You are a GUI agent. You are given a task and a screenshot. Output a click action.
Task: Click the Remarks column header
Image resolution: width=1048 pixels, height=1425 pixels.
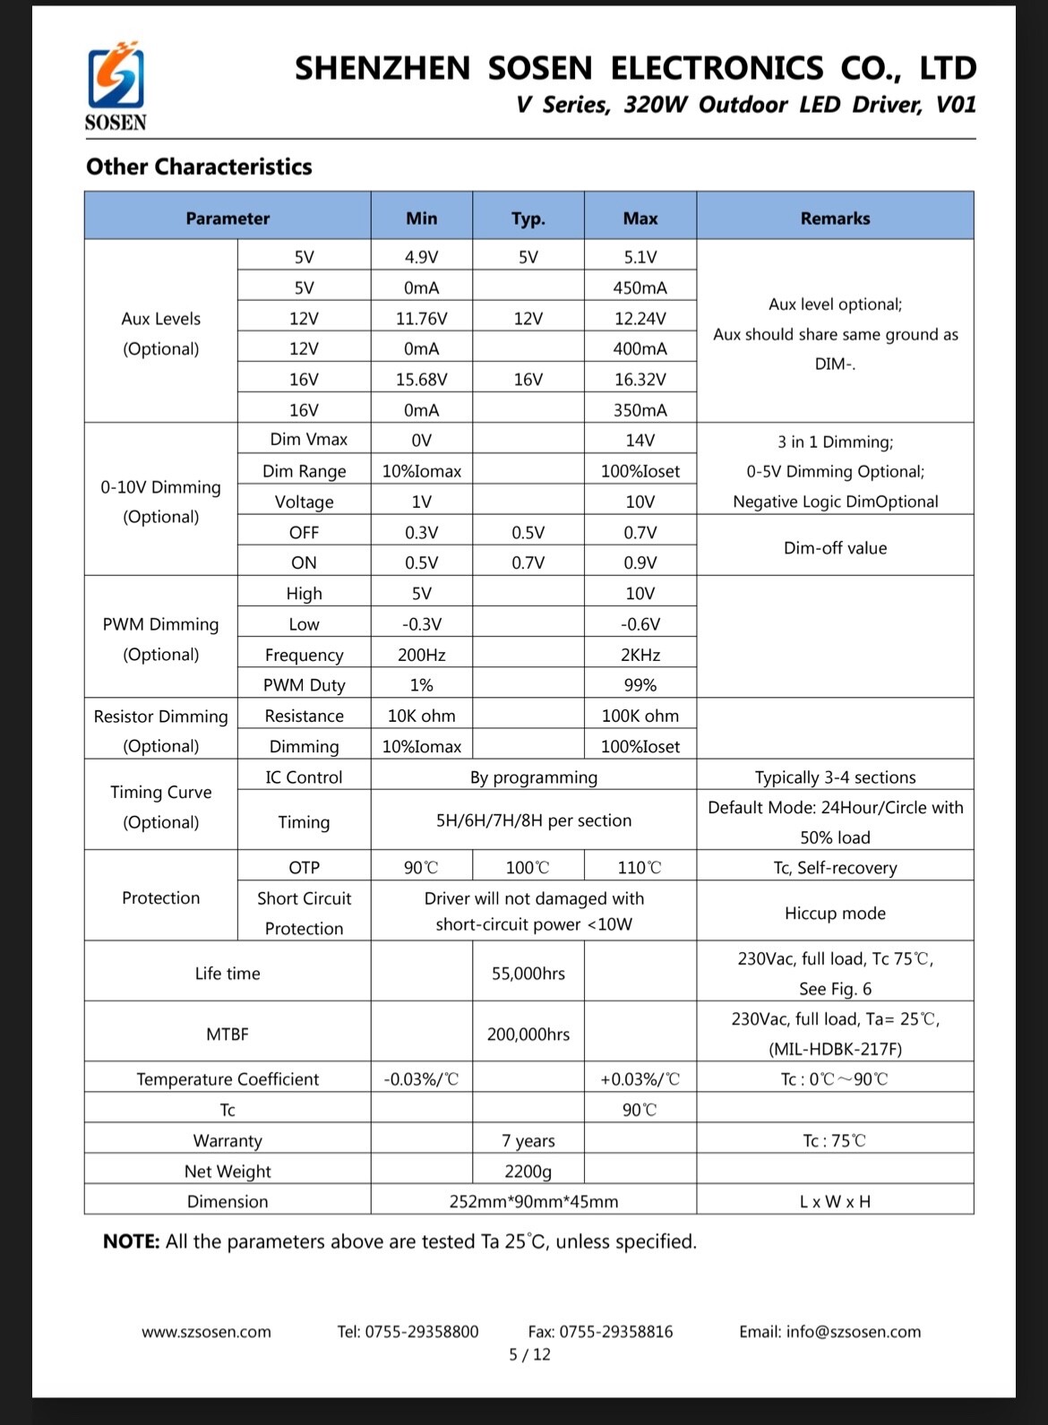coord(835,218)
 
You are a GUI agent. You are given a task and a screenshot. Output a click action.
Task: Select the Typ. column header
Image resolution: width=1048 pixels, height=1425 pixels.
coord(528,218)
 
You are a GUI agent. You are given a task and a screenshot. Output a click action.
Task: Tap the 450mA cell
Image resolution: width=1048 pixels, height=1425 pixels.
coord(640,288)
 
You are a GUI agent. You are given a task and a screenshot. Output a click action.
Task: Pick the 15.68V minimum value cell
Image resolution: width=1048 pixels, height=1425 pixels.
coord(421,379)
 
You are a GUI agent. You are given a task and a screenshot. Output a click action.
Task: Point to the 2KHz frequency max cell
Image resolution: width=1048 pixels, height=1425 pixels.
coord(640,655)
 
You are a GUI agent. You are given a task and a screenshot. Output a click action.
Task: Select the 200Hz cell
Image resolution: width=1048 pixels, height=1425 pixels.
coord(421,655)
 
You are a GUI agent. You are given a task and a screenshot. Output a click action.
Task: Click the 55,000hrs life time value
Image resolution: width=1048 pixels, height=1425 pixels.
coord(528,973)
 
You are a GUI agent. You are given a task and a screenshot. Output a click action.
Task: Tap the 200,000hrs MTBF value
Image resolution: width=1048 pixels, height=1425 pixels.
coord(528,1034)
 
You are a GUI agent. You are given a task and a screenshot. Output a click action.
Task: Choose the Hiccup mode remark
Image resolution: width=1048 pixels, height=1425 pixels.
coord(835,913)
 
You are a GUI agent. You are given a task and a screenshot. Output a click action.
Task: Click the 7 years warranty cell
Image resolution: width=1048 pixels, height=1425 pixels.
coord(528,1140)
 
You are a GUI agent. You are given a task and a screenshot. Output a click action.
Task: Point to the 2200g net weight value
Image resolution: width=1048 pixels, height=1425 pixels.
coord(528,1171)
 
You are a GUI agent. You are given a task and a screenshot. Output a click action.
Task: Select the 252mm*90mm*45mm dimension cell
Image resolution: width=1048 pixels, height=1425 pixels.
coord(533,1201)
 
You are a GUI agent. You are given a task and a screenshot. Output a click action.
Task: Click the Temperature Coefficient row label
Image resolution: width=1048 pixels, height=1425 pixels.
coord(228,1078)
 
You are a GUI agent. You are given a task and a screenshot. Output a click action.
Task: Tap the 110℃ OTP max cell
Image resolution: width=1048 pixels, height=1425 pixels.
coord(640,867)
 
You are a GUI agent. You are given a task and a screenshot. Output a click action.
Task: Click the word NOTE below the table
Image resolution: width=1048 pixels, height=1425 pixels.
coord(131,1241)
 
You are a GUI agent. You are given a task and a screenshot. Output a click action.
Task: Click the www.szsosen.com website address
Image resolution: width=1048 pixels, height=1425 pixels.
coord(206,1332)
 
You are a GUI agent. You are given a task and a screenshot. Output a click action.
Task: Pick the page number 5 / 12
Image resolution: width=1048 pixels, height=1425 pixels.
coord(529,1354)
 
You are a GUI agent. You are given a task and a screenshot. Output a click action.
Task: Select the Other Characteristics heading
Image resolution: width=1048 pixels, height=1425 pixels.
coord(199,167)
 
